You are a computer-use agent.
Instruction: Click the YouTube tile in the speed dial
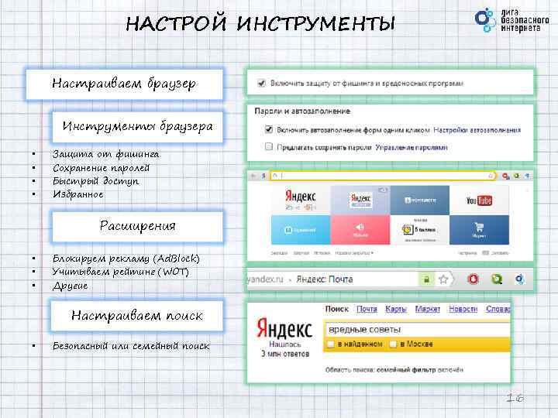pos(479,200)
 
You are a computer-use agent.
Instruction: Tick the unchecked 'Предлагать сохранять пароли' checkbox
pos(268,146)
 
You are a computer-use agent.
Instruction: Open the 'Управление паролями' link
pos(412,146)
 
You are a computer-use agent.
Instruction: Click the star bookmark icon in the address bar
pos(444,279)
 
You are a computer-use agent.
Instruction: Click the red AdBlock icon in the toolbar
pos(474,279)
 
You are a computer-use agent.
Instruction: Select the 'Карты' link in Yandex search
pos(396,309)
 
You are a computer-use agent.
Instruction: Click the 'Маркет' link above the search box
pos(427,309)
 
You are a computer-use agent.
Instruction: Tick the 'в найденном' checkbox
pos(332,344)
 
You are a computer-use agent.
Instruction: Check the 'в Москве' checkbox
pos(394,344)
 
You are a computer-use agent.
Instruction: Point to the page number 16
pos(515,398)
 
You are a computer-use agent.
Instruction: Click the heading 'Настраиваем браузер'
pos(124,83)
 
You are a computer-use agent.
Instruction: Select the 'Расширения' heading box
pos(137,226)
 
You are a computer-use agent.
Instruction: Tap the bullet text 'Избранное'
pos(77,194)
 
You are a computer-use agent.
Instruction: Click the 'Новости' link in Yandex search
pos(463,309)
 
